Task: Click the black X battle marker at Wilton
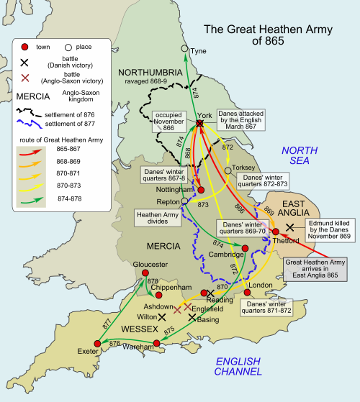(x=172, y=316)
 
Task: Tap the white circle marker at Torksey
(x=228, y=170)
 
